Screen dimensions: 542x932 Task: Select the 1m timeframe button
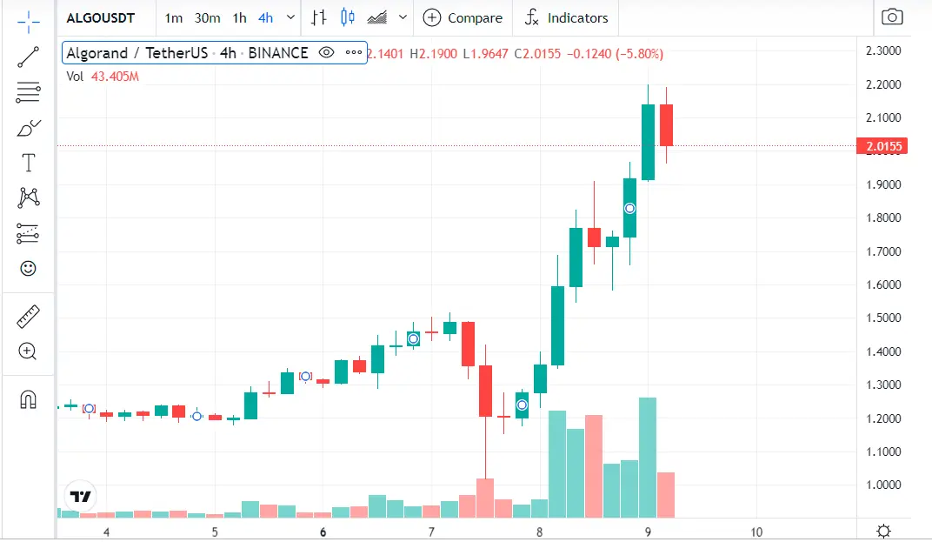174,17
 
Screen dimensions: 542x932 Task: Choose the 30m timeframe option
207,17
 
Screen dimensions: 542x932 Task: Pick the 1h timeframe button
239,17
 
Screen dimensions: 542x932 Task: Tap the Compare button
463,17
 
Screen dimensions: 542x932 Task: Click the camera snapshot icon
891,17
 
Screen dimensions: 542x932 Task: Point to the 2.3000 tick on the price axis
883,51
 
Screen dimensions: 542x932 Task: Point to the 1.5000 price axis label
883,318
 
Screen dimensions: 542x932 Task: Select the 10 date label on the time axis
756,532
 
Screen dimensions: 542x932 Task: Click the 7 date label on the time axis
431,532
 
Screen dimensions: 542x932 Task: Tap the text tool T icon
28,163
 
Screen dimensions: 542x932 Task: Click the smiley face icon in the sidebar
28,268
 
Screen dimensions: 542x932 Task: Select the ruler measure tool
28,317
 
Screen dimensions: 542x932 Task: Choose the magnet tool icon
28,400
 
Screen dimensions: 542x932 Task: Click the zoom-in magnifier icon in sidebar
28,351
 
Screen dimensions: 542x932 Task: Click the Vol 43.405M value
115,77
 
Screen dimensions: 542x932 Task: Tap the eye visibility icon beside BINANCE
326,53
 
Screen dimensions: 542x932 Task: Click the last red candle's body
666,125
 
